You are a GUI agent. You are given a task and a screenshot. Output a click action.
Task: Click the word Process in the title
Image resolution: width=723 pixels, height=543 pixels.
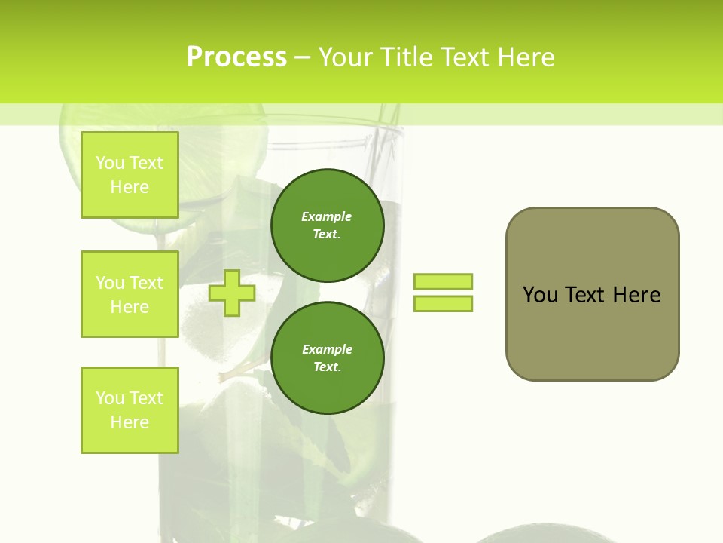[236, 57]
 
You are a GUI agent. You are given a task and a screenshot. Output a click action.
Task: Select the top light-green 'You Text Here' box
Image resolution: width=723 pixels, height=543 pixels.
[130, 175]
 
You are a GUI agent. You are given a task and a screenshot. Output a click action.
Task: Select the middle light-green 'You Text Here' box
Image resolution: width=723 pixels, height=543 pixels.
[130, 294]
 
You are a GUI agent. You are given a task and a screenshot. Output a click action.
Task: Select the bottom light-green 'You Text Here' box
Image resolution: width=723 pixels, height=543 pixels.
[130, 410]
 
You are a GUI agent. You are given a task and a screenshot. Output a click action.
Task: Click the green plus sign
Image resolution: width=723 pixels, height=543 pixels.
[232, 293]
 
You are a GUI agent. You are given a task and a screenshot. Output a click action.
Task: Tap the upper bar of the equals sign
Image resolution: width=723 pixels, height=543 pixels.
[443, 281]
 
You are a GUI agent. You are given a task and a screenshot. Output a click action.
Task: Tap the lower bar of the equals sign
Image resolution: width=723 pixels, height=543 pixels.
[443, 303]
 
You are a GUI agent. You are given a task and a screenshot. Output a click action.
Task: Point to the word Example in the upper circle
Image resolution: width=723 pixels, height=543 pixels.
[327, 216]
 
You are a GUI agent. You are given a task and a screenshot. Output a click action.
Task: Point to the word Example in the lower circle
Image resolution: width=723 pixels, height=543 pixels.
[327, 349]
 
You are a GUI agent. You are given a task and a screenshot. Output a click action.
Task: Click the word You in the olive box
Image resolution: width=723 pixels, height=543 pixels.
[541, 295]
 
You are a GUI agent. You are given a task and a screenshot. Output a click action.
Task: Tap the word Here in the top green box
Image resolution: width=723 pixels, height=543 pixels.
[130, 187]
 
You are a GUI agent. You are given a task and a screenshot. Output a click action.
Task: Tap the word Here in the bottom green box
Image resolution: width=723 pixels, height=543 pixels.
[130, 422]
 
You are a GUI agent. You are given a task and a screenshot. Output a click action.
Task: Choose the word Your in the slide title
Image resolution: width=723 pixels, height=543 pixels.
[346, 57]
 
